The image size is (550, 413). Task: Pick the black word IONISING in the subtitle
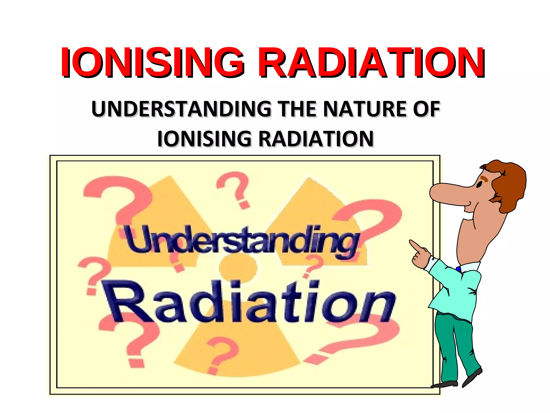(204, 139)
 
